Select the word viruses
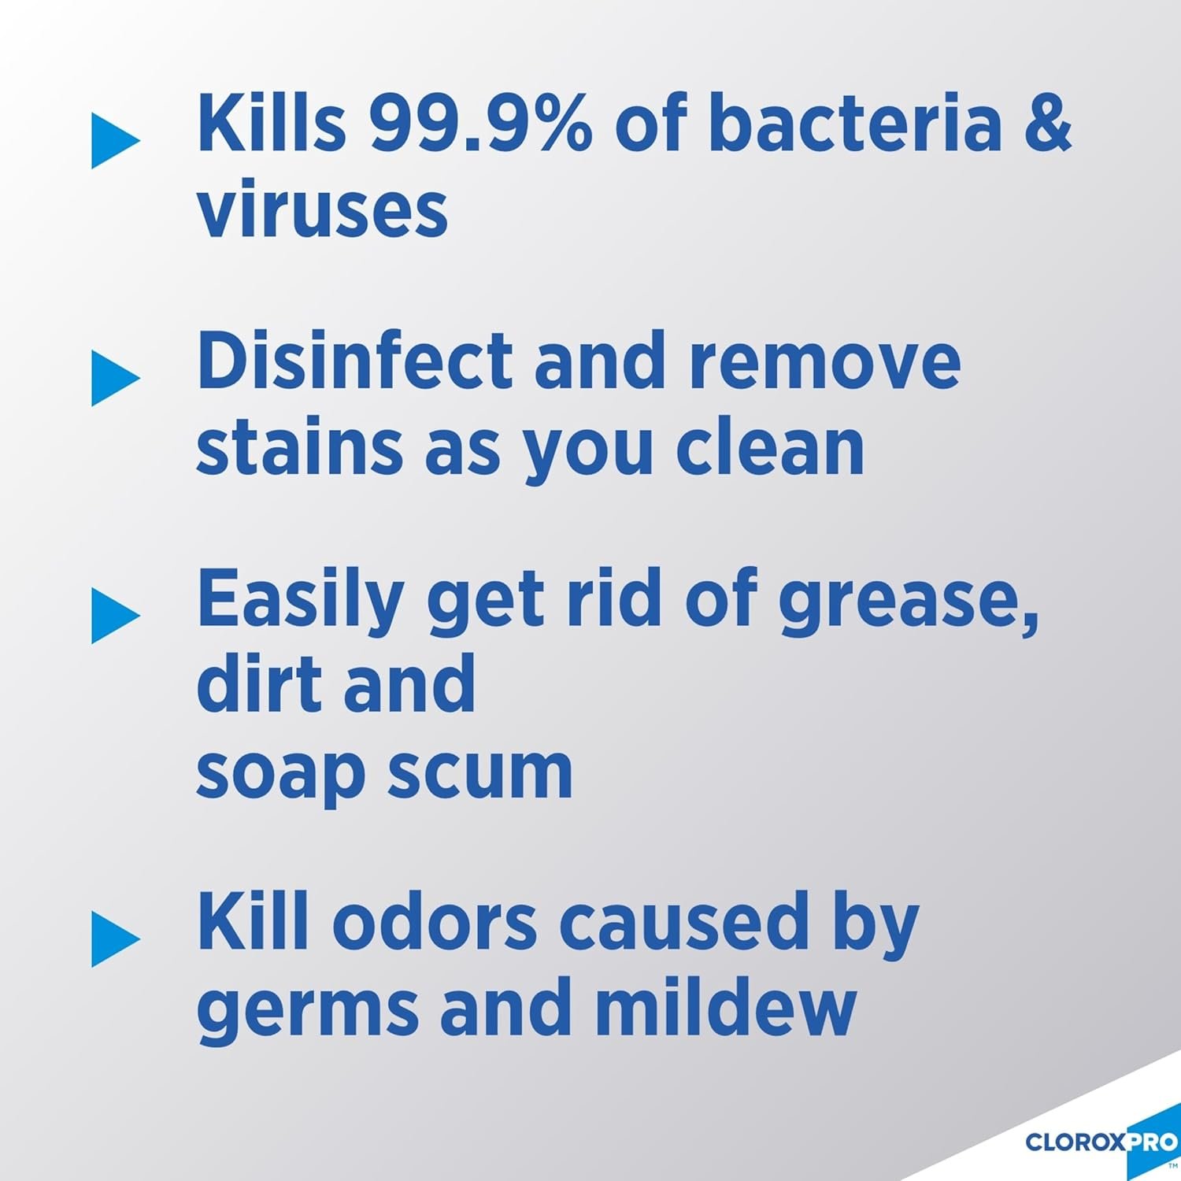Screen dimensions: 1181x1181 (322, 211)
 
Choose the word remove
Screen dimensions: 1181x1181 (824, 361)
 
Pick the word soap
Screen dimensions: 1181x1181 (280, 773)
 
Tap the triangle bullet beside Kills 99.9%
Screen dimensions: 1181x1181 (114, 141)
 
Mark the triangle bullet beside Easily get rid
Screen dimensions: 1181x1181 (114, 616)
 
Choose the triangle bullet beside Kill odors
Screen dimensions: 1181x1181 (114, 939)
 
